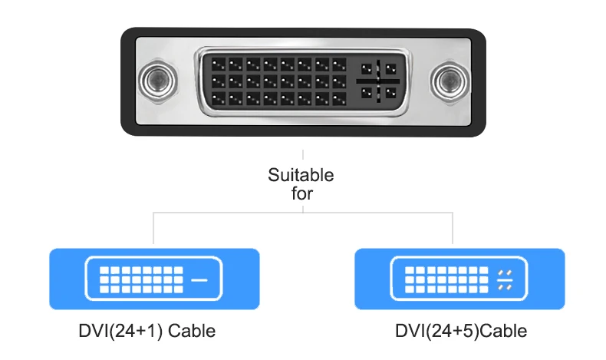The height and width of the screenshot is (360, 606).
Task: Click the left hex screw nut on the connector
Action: click(x=158, y=81)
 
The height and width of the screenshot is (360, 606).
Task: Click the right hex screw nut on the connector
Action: click(x=450, y=81)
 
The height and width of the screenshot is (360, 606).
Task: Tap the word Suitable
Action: click(x=301, y=175)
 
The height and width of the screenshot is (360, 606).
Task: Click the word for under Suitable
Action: click(x=301, y=193)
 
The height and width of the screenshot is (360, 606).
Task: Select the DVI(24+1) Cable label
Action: click(x=147, y=331)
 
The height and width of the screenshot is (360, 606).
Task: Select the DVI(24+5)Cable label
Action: click(x=461, y=331)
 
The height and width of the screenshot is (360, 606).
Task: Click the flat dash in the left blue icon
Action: click(x=199, y=279)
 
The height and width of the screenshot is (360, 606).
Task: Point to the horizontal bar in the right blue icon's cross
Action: click(x=505, y=279)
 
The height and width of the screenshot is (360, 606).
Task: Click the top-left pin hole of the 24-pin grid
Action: click(x=219, y=64)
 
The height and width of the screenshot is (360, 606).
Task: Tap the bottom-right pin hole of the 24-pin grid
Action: click(x=339, y=98)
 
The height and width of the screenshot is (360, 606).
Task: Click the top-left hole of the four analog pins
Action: click(x=367, y=69)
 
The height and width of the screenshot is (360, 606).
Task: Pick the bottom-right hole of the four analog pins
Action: click(x=390, y=93)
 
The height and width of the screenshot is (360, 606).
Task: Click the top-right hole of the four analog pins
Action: click(x=390, y=69)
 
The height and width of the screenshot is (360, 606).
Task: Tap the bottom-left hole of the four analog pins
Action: click(x=367, y=93)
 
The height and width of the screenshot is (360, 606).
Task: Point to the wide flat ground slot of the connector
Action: click(x=378, y=81)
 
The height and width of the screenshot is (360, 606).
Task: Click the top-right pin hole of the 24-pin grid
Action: click(x=339, y=64)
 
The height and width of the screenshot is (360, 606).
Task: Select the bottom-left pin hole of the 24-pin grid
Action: click(x=219, y=98)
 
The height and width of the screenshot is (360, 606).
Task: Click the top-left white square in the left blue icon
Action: click(x=104, y=270)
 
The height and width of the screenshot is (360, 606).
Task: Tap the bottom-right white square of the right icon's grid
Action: click(x=483, y=289)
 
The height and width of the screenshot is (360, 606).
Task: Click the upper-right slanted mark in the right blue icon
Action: click(x=509, y=272)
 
